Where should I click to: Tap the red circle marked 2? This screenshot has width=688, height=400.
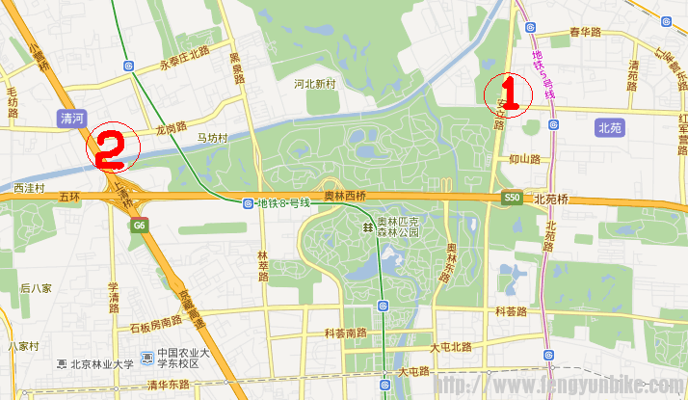pos(114,147)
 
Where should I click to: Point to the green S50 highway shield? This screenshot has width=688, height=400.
pos(512,198)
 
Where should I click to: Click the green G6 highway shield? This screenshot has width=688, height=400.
pos(140,226)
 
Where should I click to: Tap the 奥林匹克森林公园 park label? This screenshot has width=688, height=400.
pos(398,227)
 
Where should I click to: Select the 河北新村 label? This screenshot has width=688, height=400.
pos(315,84)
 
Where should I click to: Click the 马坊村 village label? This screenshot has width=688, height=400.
pos(211,138)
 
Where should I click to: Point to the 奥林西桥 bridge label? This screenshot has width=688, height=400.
pos(344,197)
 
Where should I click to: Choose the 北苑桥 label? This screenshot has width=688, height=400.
pos(551,198)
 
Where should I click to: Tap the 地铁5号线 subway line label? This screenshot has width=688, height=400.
pos(543,74)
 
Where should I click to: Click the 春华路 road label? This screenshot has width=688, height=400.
pos(585,32)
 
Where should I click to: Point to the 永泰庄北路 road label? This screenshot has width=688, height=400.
pos(184,54)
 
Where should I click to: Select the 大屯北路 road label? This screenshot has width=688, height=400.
pos(451,347)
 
